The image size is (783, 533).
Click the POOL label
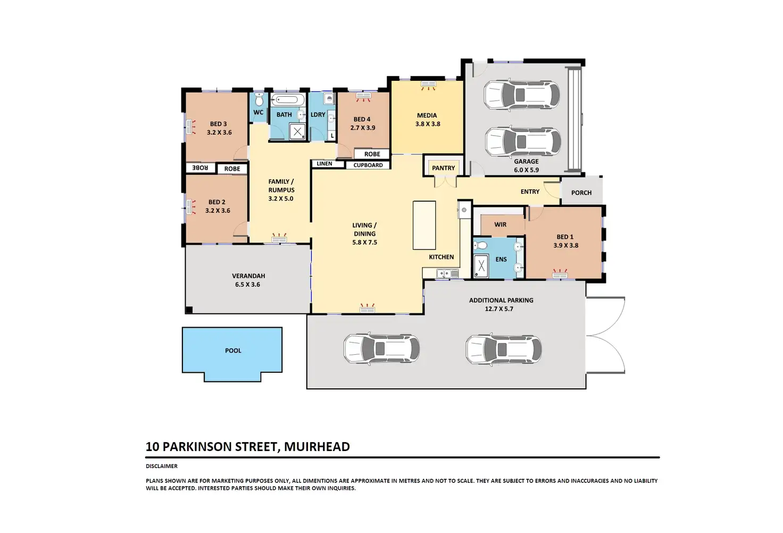pyautogui.click(x=233, y=351)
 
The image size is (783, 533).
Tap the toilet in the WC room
pyautogui.click(x=259, y=99)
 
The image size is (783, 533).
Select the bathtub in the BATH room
pyautogui.click(x=287, y=100)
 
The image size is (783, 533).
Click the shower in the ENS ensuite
pyautogui.click(x=481, y=266)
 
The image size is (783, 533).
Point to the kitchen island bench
pyautogui.click(x=424, y=225)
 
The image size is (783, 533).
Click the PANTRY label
pyautogui.click(x=443, y=168)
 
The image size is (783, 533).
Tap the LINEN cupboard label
pyautogui.click(x=324, y=163)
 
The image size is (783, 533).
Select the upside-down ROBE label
pyautogui.click(x=200, y=168)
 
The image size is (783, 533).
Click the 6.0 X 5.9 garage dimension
pyautogui.click(x=526, y=170)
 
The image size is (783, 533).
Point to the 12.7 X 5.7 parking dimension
pyautogui.click(x=499, y=309)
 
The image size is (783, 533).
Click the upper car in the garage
pyautogui.click(x=521, y=95)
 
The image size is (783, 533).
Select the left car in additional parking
pyautogui.click(x=381, y=348)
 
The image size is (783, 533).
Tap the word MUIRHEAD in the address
pyautogui.click(x=316, y=447)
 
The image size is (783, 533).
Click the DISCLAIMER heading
pyautogui.click(x=162, y=467)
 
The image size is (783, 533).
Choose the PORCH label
pyautogui.click(x=581, y=193)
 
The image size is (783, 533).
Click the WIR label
pyautogui.click(x=500, y=224)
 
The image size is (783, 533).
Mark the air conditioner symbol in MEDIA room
pyautogui.click(x=428, y=85)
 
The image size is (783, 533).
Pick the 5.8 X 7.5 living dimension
pyautogui.click(x=364, y=243)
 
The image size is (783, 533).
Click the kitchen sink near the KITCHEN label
pyautogui.click(x=447, y=273)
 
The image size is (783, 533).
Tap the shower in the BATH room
pyautogui.click(x=297, y=132)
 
